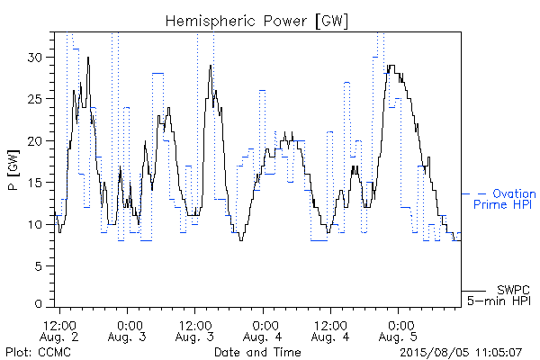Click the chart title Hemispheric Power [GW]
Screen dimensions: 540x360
pyautogui.click(x=256, y=22)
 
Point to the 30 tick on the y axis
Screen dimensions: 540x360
pyautogui.click(x=36, y=58)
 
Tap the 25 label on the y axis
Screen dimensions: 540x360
pyautogui.click(x=36, y=99)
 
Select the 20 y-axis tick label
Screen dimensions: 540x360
pyautogui.click(x=36, y=141)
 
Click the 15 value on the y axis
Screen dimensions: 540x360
pyautogui.click(x=36, y=183)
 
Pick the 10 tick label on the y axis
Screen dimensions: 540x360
pyautogui.click(x=36, y=225)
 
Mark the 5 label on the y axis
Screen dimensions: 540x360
pyautogui.click(x=40, y=266)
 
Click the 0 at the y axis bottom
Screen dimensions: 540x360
pyautogui.click(x=39, y=304)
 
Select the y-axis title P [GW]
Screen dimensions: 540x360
pyautogui.click(x=13, y=170)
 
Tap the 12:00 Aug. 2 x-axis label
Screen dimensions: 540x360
pyautogui.click(x=59, y=331)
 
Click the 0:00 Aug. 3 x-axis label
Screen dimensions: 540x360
pyautogui.click(x=128, y=331)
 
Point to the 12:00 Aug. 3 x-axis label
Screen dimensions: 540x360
pyautogui.click(x=195, y=331)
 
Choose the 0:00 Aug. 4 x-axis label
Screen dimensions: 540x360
pyautogui.click(x=263, y=331)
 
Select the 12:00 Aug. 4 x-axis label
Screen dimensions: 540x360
pyautogui.click(x=330, y=331)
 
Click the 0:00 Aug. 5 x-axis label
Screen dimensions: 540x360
pyautogui.click(x=399, y=331)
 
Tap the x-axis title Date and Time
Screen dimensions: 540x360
pyautogui.click(x=257, y=353)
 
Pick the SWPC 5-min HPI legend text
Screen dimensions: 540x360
pyautogui.click(x=499, y=295)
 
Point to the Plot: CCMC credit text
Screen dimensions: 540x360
pyautogui.click(x=38, y=353)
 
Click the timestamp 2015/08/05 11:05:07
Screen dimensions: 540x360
pyautogui.click(x=461, y=353)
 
